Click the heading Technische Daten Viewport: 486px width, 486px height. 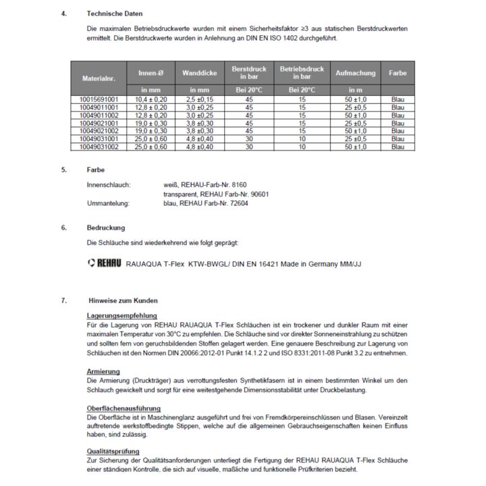click(x=115, y=13)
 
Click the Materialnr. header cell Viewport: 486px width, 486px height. click(x=99, y=79)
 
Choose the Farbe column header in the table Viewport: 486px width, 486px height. click(x=398, y=73)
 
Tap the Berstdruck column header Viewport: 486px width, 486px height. click(x=249, y=73)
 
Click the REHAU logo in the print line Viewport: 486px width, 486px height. click(x=105, y=264)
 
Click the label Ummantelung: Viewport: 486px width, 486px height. click(x=108, y=202)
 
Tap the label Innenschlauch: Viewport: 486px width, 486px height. click(x=109, y=184)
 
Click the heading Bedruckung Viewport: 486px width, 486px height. click(x=107, y=227)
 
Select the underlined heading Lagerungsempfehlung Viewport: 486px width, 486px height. click(x=122, y=315)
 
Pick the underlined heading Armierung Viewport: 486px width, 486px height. click(x=103, y=371)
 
